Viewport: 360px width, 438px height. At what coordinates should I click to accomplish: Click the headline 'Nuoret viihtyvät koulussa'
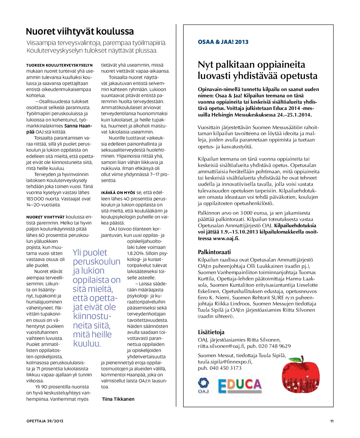tap(80, 32)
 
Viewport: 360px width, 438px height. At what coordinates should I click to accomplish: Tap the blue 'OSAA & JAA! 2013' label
tap(223, 42)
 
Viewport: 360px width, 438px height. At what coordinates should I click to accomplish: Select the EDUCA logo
tap(240, 385)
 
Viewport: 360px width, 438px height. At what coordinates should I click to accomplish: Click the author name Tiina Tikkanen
tap(118, 399)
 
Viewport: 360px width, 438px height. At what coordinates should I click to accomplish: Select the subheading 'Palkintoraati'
tap(214, 252)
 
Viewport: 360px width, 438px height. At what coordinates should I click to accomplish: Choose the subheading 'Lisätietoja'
tap(211, 332)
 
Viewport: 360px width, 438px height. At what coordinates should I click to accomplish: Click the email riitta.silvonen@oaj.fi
tap(221, 346)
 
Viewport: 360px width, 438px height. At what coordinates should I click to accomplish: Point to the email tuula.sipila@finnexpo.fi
tap(225, 362)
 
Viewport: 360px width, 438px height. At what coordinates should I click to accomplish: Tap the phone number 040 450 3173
tap(225, 368)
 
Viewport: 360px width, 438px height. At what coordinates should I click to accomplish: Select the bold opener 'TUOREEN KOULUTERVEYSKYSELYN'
tap(59, 65)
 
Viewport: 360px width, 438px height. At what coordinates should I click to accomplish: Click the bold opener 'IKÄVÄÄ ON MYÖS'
tap(118, 193)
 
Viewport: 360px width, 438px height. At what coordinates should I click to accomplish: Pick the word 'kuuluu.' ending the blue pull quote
tap(87, 344)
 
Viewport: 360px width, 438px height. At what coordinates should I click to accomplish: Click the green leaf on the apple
tap(296, 359)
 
